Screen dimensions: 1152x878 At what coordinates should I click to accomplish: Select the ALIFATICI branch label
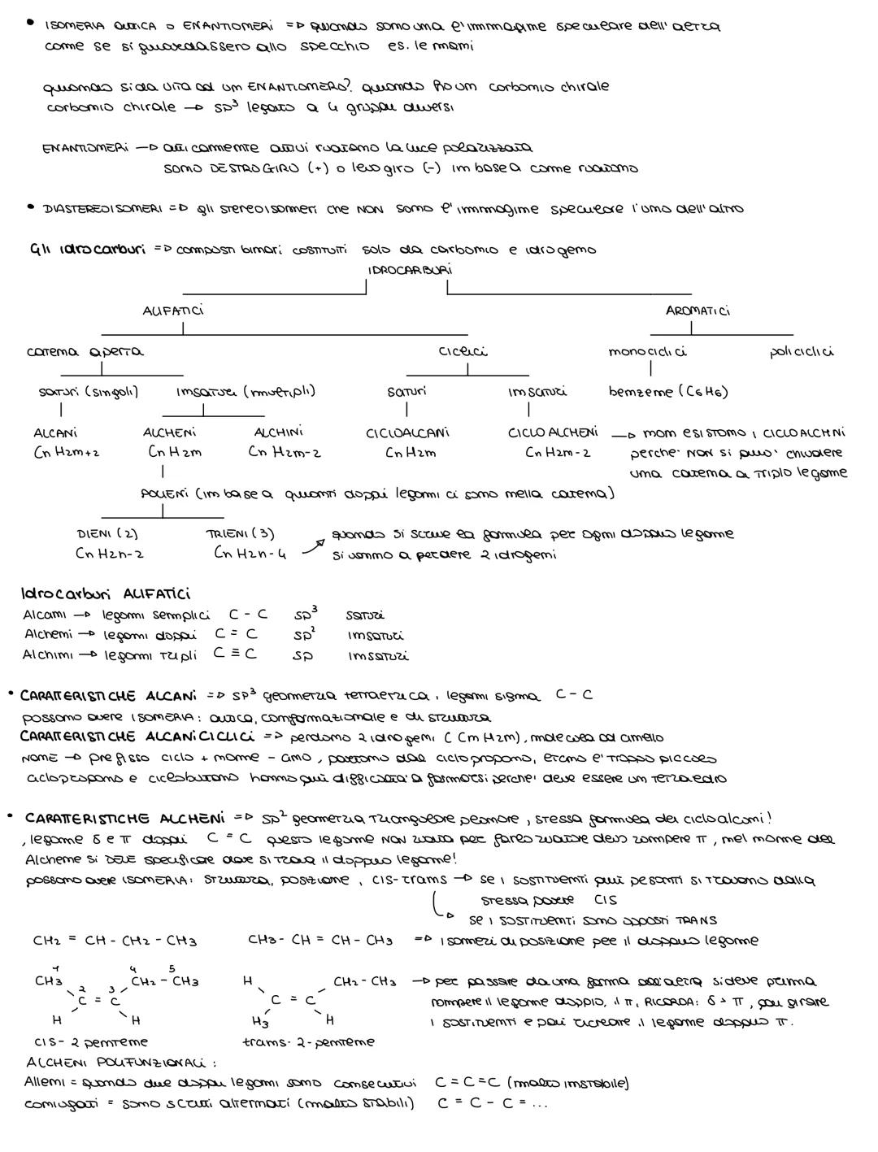point(173,310)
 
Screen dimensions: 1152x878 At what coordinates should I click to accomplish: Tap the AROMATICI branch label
point(698,311)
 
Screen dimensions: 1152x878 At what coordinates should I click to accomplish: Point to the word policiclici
point(801,352)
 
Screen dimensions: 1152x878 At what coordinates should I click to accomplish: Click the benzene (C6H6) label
point(668,392)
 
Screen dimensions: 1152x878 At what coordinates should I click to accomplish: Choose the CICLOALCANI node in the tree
point(407,433)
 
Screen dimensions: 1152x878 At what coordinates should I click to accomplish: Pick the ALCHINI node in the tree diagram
point(279,433)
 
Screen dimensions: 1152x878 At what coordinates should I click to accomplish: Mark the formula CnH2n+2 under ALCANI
point(66,452)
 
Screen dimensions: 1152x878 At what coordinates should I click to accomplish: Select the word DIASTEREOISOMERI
point(102,209)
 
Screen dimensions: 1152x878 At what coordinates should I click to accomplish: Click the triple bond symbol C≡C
point(235,654)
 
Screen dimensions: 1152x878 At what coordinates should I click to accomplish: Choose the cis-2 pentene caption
point(91,1041)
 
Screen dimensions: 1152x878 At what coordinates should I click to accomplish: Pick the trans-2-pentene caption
point(308,1041)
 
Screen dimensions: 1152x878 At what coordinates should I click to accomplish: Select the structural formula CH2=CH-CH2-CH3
point(115,941)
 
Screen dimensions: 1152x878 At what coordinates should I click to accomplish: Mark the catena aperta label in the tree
point(85,352)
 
